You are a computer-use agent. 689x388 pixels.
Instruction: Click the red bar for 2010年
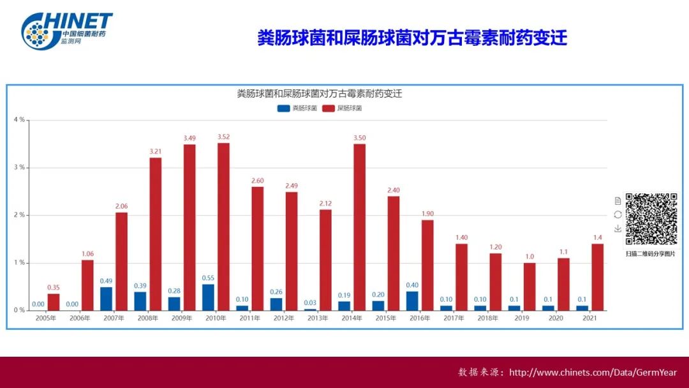pos(223,227)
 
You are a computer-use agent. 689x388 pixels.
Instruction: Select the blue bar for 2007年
pos(106,299)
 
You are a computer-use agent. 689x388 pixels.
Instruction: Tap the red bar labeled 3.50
pos(360,227)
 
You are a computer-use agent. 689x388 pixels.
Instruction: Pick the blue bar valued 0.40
pos(412,301)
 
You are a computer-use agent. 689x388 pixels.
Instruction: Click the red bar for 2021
pos(598,277)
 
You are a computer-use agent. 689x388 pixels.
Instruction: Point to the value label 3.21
pos(155,151)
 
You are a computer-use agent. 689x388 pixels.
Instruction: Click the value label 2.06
pos(121,206)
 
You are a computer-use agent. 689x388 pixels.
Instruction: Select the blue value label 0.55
pos(208,278)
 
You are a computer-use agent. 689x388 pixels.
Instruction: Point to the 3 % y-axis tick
pos(19,167)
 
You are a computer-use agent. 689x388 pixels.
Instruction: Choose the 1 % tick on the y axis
pos(19,263)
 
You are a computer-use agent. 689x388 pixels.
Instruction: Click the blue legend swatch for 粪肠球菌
pos(283,108)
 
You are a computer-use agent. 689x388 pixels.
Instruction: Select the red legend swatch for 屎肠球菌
pos(328,108)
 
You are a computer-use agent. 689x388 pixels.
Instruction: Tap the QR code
pos(651,219)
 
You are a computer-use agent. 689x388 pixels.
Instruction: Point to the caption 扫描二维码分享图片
pos(651,253)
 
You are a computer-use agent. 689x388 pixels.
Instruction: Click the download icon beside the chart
pos(618,228)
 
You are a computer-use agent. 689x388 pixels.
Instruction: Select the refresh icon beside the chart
pos(618,214)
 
